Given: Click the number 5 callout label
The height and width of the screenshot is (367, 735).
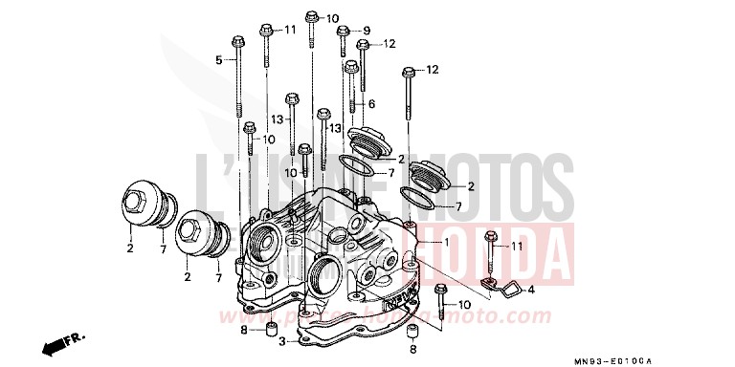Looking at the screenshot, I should coord(218,60).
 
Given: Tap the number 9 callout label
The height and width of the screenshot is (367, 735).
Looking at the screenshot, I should coord(366,31).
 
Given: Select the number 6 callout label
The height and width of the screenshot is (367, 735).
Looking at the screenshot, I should coord(371,103).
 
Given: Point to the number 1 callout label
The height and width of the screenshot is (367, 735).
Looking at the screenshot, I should coord(446,243).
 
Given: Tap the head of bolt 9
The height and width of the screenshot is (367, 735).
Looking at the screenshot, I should coord(343,32).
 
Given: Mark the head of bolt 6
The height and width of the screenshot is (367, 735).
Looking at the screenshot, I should coord(351,66).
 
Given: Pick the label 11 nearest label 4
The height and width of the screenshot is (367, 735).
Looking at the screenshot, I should coord(516,246).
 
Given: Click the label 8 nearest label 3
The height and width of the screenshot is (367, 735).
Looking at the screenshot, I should coord(244,331).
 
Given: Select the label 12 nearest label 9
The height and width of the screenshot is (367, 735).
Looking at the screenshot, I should coord(390,44).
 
